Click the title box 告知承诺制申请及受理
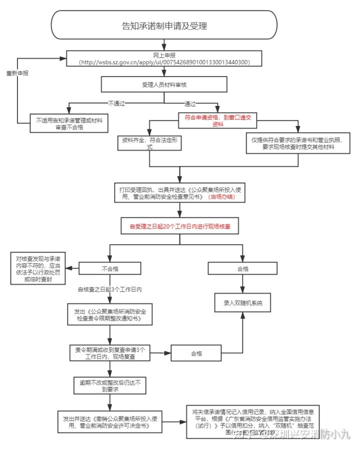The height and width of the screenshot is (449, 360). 164,26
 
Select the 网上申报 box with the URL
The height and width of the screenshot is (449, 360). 164,58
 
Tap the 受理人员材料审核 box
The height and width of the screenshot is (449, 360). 164,84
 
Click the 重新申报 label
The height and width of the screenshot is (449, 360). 17,73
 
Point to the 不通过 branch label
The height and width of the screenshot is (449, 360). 116,103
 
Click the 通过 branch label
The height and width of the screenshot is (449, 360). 190,103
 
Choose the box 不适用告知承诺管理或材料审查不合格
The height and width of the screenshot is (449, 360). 69,123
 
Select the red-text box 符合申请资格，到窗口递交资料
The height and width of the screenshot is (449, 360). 218,120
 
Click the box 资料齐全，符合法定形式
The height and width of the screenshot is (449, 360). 149,143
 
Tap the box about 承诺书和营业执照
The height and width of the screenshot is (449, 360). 297,143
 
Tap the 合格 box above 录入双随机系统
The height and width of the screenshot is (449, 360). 243,268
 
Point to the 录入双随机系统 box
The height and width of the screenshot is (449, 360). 243,303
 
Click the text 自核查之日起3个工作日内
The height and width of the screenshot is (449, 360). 109,289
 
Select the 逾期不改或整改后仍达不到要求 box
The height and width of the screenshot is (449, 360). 109,385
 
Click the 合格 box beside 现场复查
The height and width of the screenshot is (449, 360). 196,353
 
